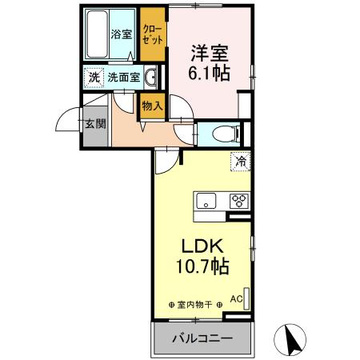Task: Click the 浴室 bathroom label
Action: click(x=121, y=35)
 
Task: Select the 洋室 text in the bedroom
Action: click(x=210, y=54)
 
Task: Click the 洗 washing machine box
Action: click(x=93, y=78)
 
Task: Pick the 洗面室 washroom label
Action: click(x=124, y=78)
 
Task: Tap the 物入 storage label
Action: click(x=151, y=105)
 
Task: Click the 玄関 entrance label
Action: click(x=94, y=125)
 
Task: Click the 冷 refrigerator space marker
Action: click(x=240, y=161)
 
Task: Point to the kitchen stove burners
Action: click(x=238, y=200)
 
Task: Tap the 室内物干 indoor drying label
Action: click(x=195, y=306)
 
